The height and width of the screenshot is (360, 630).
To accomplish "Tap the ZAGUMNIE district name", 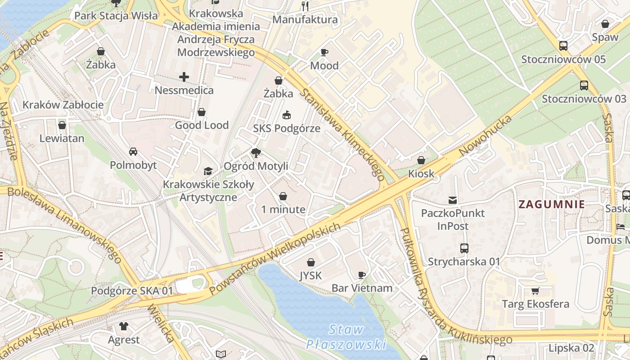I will (x=552, y=204).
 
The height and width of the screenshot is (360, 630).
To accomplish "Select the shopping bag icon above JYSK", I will (x=310, y=262).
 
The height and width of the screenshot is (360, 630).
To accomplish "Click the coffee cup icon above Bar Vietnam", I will (x=361, y=274).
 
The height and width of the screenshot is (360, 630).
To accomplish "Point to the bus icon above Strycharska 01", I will (x=464, y=248).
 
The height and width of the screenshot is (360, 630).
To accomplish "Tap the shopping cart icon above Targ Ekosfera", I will (x=535, y=291).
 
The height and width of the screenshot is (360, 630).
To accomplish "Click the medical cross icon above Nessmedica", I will (x=184, y=77).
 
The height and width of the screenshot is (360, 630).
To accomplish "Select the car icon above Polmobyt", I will (x=133, y=152).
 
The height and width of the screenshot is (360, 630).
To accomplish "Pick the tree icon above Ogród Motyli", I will (x=256, y=153).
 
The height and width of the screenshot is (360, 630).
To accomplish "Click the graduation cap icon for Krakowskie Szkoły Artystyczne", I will (x=208, y=171).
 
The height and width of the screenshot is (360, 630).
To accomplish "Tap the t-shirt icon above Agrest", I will (x=124, y=326).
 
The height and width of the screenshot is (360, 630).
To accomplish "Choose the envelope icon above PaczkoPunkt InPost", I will (x=453, y=200).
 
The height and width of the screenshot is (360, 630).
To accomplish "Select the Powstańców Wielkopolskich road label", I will (x=274, y=259).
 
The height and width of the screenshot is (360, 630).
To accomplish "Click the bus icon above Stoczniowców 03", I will (x=584, y=85).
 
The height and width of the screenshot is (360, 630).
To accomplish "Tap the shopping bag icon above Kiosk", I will (x=421, y=160).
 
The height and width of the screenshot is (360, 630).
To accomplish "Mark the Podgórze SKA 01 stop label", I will (x=132, y=291).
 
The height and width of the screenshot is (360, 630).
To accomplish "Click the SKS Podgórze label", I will (x=287, y=128).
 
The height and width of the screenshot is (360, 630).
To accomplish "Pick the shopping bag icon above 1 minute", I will (x=283, y=196).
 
